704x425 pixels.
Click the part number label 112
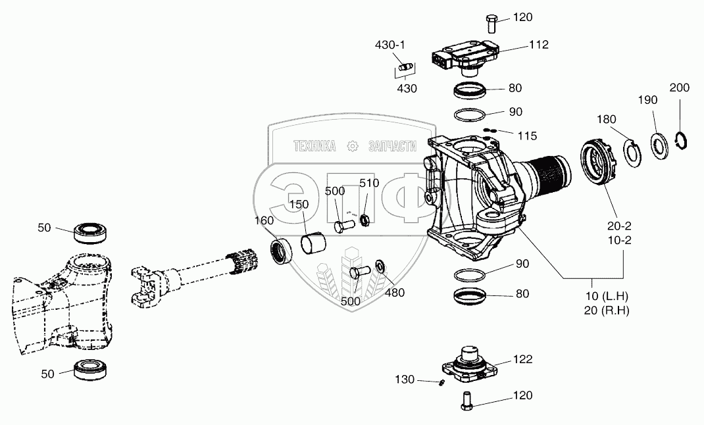(x=538, y=45)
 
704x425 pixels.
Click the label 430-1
(x=390, y=45)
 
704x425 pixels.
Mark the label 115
(x=526, y=136)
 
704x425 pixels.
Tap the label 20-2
(x=618, y=228)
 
